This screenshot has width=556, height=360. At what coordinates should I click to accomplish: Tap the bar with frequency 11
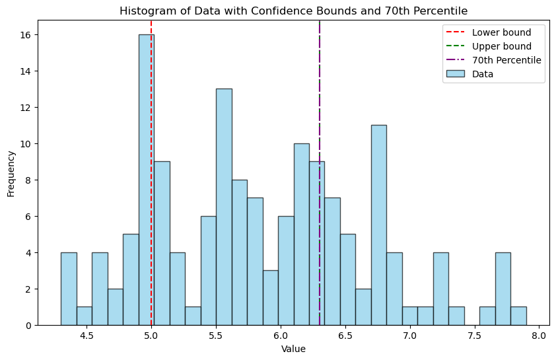click(378, 225)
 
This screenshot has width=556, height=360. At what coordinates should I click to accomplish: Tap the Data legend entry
click(483, 74)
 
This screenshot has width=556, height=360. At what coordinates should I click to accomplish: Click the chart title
click(293, 11)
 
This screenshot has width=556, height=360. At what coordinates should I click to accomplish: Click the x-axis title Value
click(293, 349)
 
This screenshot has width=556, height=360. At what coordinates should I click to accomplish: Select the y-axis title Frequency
click(11, 173)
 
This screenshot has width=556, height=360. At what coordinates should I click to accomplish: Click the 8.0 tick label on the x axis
click(539, 335)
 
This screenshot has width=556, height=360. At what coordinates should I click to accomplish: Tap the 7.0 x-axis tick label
click(409, 335)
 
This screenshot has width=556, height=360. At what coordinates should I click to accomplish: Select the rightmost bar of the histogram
click(518, 316)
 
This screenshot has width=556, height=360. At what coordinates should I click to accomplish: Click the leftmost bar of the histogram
click(69, 289)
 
